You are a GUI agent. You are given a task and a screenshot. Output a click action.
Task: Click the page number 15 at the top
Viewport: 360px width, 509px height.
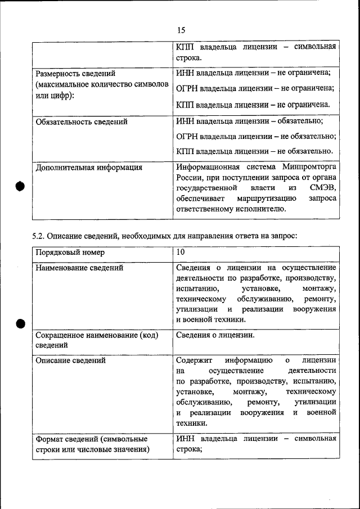click(x=180, y=30)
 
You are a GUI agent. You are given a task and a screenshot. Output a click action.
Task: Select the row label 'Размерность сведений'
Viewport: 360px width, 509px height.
click(x=76, y=74)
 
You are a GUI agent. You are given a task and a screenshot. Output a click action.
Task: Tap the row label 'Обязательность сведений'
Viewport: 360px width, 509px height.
click(x=81, y=121)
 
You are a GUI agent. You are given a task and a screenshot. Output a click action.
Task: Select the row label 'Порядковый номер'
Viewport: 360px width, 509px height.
click(x=70, y=253)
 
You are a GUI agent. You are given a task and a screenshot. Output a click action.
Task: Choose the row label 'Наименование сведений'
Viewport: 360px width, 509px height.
click(x=79, y=268)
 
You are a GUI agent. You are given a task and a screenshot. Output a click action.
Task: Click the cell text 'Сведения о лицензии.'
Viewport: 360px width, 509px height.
click(x=215, y=335)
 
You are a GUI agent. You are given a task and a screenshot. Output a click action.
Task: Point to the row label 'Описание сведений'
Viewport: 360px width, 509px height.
click(x=70, y=360)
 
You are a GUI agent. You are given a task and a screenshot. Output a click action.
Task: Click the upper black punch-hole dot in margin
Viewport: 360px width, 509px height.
click(x=20, y=187)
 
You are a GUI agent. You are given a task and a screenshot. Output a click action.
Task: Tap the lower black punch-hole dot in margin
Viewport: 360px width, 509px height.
click(x=20, y=323)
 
